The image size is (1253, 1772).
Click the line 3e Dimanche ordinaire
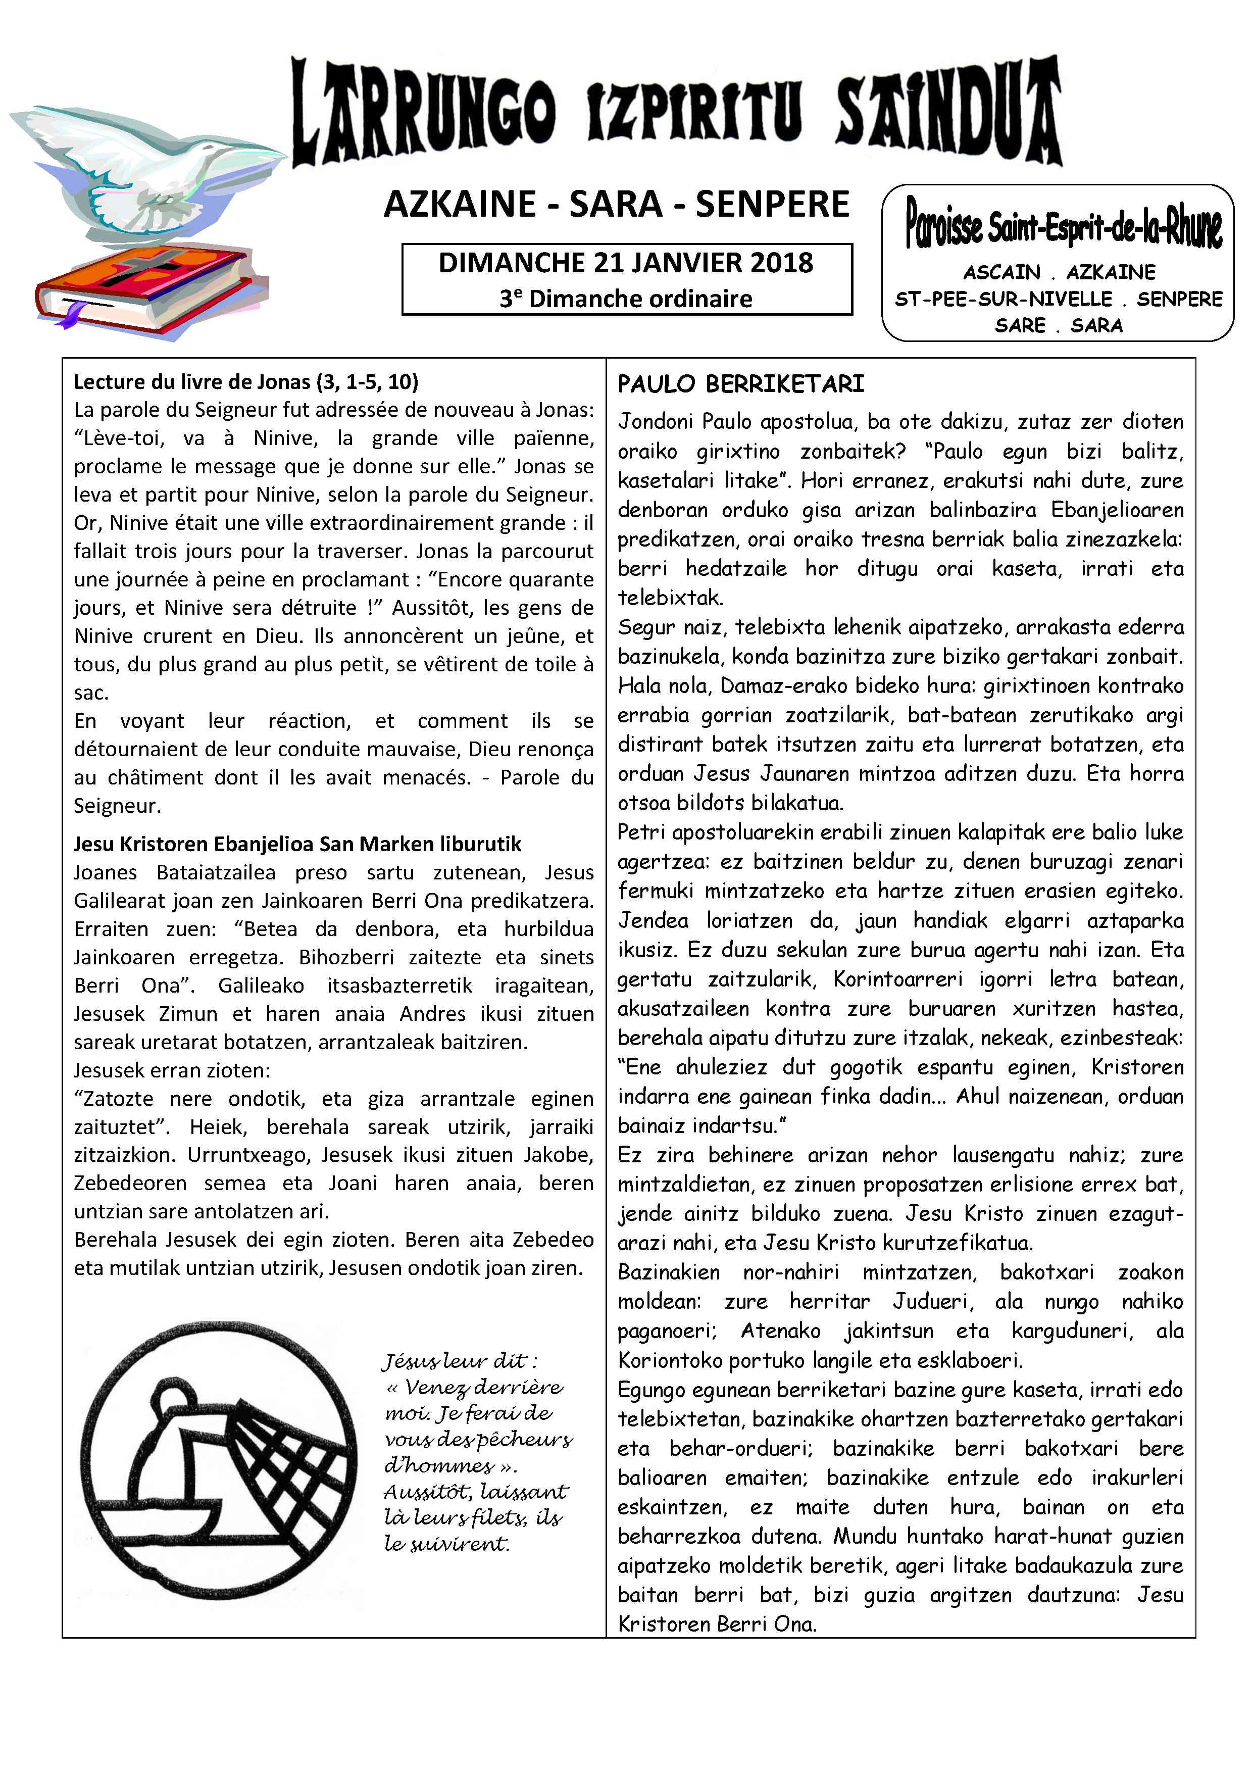(626, 299)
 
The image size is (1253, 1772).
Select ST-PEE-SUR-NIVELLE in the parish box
(1003, 299)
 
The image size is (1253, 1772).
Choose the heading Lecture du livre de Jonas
(246, 381)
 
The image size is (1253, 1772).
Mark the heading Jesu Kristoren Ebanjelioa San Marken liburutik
(297, 844)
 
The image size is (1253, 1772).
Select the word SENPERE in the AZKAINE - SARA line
(772, 205)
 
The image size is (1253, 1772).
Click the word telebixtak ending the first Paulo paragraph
(670, 598)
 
